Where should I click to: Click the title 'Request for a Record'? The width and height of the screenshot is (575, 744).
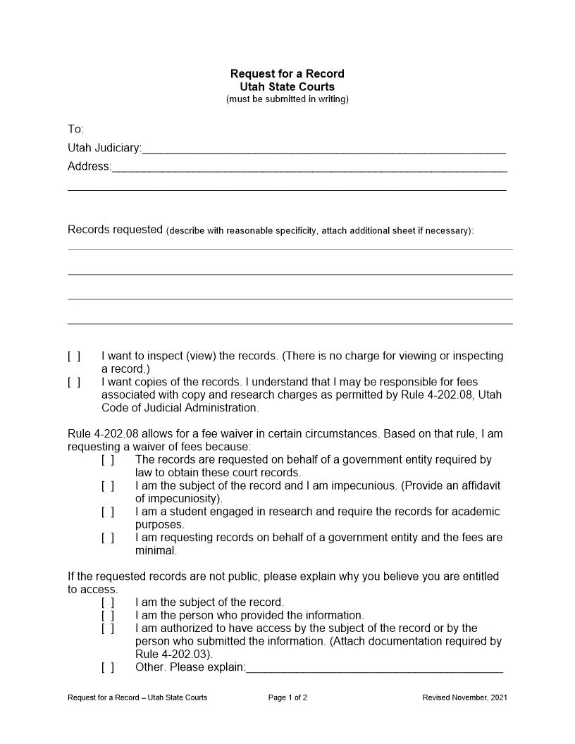[x=287, y=74]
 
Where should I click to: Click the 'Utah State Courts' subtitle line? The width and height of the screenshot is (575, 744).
[x=287, y=87]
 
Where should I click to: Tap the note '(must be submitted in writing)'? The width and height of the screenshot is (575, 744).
[x=287, y=99]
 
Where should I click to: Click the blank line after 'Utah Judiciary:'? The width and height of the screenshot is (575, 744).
[x=323, y=149]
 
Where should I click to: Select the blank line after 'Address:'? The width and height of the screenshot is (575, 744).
[x=309, y=167]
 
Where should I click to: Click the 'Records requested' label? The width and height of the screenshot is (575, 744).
[x=115, y=230]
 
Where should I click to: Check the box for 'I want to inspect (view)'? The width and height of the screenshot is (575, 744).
[x=74, y=356]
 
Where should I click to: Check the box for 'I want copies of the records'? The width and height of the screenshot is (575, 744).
[x=74, y=383]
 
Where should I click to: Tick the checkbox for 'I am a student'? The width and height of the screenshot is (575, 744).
[x=108, y=512]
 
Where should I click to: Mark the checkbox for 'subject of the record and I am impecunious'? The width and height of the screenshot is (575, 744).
[x=108, y=486]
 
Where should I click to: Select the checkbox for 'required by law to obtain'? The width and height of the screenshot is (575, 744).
[x=108, y=460]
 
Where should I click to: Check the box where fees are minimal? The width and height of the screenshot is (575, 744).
[x=108, y=538]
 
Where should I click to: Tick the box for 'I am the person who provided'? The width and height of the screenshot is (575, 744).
[x=108, y=616]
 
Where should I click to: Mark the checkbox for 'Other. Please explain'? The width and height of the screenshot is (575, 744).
[x=108, y=667]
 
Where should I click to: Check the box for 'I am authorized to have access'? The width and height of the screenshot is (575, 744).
[x=108, y=628]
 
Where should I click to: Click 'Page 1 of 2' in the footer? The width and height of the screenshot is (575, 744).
[x=287, y=698]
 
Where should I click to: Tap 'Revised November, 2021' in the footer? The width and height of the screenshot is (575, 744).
[x=464, y=698]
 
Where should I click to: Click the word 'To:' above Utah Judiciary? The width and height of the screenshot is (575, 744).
[x=75, y=130]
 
